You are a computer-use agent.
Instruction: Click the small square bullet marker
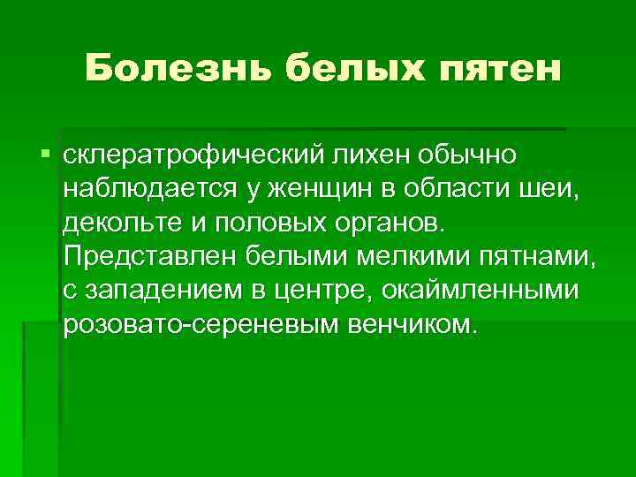(46, 155)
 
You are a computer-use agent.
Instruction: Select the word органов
(393, 223)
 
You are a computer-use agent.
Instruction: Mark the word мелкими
(415, 257)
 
